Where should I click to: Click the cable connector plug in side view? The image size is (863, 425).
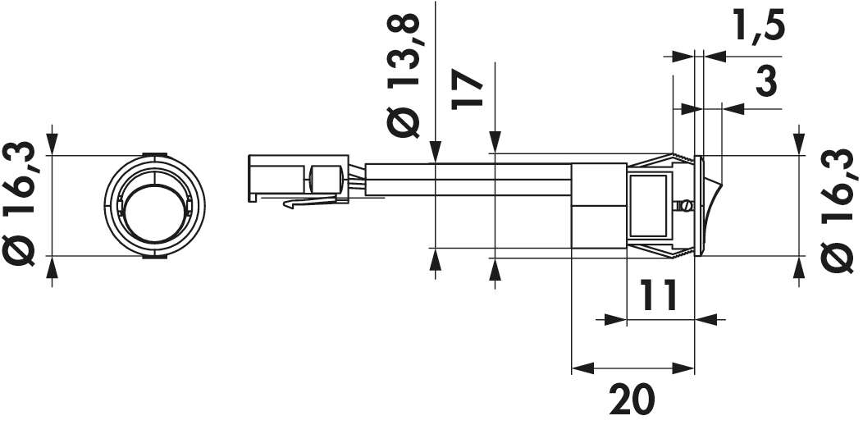point(295,179)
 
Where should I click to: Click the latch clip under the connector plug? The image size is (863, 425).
point(312,202)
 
